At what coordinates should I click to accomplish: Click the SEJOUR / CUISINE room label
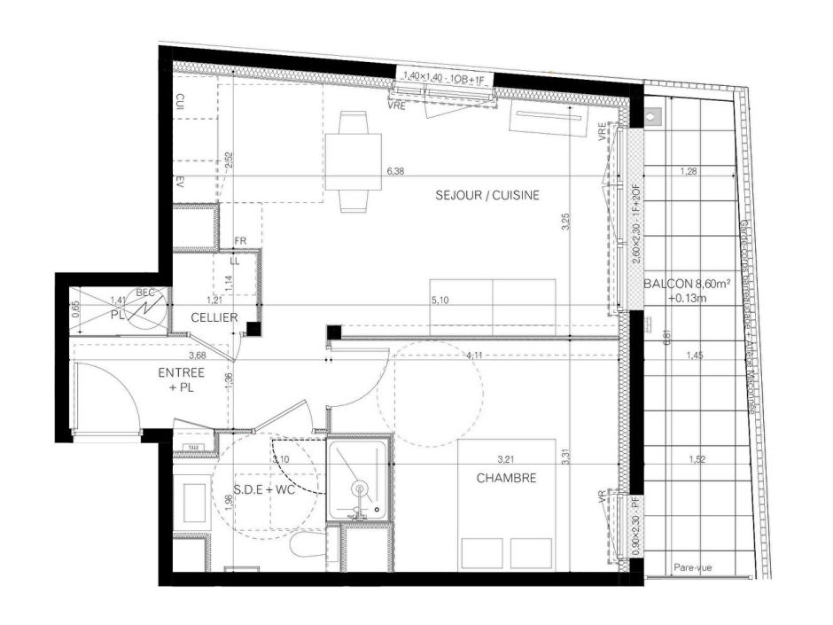pyautogui.click(x=487, y=195)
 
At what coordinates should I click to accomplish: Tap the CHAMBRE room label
pyautogui.click(x=506, y=478)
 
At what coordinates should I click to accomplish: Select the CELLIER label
pyautogui.click(x=214, y=316)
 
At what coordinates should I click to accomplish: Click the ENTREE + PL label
pyautogui.click(x=182, y=379)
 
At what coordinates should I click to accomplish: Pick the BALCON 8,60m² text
pyautogui.click(x=688, y=285)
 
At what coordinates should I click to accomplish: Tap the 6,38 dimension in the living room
pyautogui.click(x=395, y=171)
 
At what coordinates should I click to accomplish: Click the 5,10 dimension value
pyautogui.click(x=440, y=301)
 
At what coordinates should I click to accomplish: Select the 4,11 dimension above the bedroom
pyautogui.click(x=476, y=356)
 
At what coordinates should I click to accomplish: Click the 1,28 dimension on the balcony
pyautogui.click(x=689, y=171)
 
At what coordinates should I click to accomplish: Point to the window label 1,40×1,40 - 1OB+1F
pyautogui.click(x=444, y=77)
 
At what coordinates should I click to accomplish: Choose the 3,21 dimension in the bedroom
pyautogui.click(x=506, y=459)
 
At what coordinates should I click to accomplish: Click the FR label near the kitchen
pyautogui.click(x=239, y=241)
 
